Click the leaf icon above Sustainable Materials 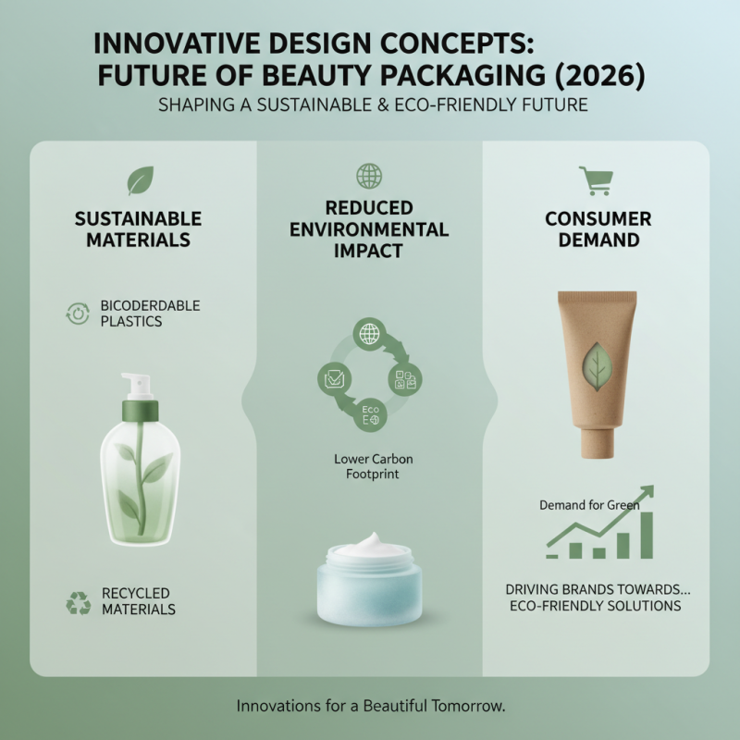click(140, 179)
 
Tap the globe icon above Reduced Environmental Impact click(369, 176)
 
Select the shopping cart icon click(594, 180)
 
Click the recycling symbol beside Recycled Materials click(78, 602)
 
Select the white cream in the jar click(368, 546)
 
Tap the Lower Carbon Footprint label click(369, 466)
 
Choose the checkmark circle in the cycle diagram click(332, 376)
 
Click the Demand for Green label click(588, 505)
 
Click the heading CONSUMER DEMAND click(598, 229)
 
